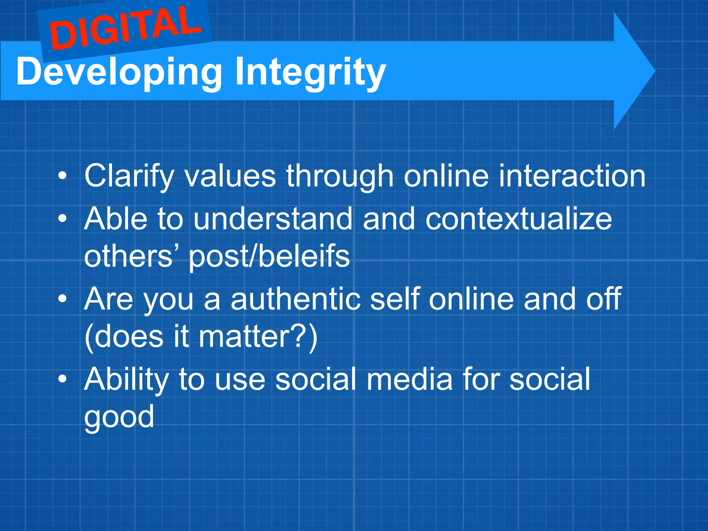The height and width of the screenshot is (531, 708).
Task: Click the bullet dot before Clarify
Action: click(62, 176)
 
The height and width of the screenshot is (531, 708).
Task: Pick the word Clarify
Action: click(129, 176)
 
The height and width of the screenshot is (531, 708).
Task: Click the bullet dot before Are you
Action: click(62, 299)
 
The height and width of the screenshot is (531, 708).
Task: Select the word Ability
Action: click(126, 380)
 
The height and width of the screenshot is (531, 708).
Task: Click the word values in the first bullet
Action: click(230, 176)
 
